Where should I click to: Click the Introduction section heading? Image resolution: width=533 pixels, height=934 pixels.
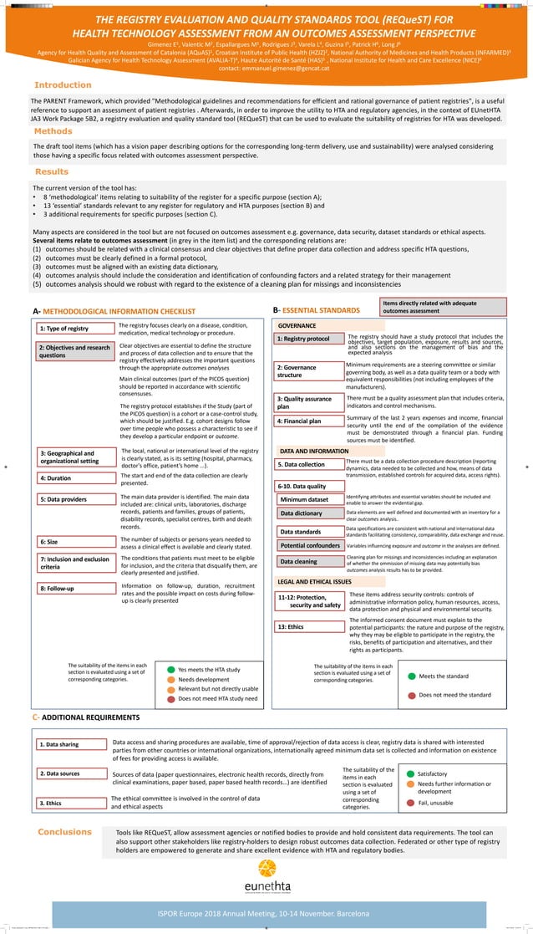[63, 85]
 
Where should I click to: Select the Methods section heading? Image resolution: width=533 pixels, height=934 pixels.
[53, 131]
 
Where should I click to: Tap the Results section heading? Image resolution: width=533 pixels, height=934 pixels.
[51, 171]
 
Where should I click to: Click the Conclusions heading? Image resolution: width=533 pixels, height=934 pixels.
[64, 832]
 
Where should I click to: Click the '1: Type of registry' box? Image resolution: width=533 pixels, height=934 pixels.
[74, 329]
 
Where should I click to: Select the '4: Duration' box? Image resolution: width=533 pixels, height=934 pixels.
[74, 478]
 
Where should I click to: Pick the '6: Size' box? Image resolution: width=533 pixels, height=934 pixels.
[74, 542]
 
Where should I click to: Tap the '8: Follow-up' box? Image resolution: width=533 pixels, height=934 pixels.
[74, 589]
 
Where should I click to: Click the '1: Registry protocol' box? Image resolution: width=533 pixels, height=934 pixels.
[308, 339]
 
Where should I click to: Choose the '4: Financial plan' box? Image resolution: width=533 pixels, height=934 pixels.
[308, 421]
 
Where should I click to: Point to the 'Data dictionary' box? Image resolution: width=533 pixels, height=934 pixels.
[308, 513]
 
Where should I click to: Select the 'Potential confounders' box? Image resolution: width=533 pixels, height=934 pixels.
[308, 545]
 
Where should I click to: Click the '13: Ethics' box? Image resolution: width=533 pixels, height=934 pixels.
[308, 626]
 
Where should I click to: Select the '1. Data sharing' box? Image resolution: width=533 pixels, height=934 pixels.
[74, 744]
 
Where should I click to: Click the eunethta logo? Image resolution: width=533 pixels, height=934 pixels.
[265, 875]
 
